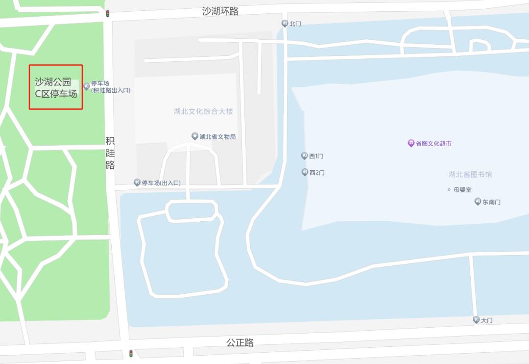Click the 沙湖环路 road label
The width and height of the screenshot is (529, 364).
click(220, 11)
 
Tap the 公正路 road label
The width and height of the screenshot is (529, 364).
click(240, 342)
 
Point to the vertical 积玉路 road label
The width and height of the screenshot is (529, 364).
click(110, 153)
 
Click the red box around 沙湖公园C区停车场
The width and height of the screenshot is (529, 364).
click(56, 87)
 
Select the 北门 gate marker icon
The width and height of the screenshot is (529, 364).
click(285, 23)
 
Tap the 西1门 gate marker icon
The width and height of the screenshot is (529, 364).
click(304, 156)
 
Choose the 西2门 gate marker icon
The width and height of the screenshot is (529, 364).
click(304, 172)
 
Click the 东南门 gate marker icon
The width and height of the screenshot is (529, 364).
click(478, 202)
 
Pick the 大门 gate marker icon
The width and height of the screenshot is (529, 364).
click(476, 320)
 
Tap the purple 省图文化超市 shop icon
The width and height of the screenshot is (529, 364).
click(411, 143)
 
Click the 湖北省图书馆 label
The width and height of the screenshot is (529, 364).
click(470, 174)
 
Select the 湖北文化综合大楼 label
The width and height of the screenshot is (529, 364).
click(203, 111)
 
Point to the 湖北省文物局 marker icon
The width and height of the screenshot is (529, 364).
click(194, 136)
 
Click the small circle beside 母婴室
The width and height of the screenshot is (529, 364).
click(449, 189)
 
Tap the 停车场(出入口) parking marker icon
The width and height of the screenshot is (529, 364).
click(137, 182)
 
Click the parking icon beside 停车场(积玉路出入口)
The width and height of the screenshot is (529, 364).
click(86, 86)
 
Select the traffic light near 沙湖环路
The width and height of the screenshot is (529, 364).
click(107, 14)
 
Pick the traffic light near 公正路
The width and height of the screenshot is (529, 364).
click(131, 353)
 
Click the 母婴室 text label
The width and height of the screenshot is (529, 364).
click(462, 189)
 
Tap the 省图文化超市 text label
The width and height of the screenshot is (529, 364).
click(433, 143)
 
